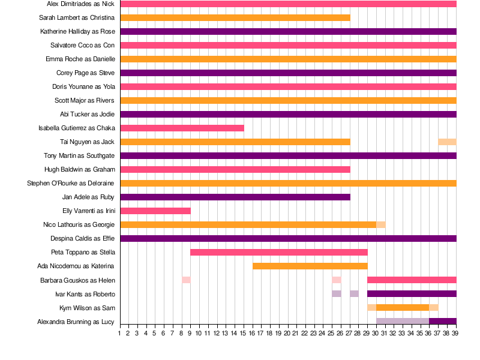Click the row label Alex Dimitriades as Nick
80,4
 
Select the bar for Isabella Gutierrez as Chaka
182,128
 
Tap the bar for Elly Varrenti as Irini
155,211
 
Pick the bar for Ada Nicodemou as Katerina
310,266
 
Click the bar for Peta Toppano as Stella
279,252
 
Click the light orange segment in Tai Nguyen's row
447,142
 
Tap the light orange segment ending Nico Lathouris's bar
381,224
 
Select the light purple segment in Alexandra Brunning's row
403,321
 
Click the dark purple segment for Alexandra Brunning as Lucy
443,321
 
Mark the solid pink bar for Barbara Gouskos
412,280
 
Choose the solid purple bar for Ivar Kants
412,293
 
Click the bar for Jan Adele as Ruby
235,197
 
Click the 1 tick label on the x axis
120,333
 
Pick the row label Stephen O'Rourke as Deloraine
71,183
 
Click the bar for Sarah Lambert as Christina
235,17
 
